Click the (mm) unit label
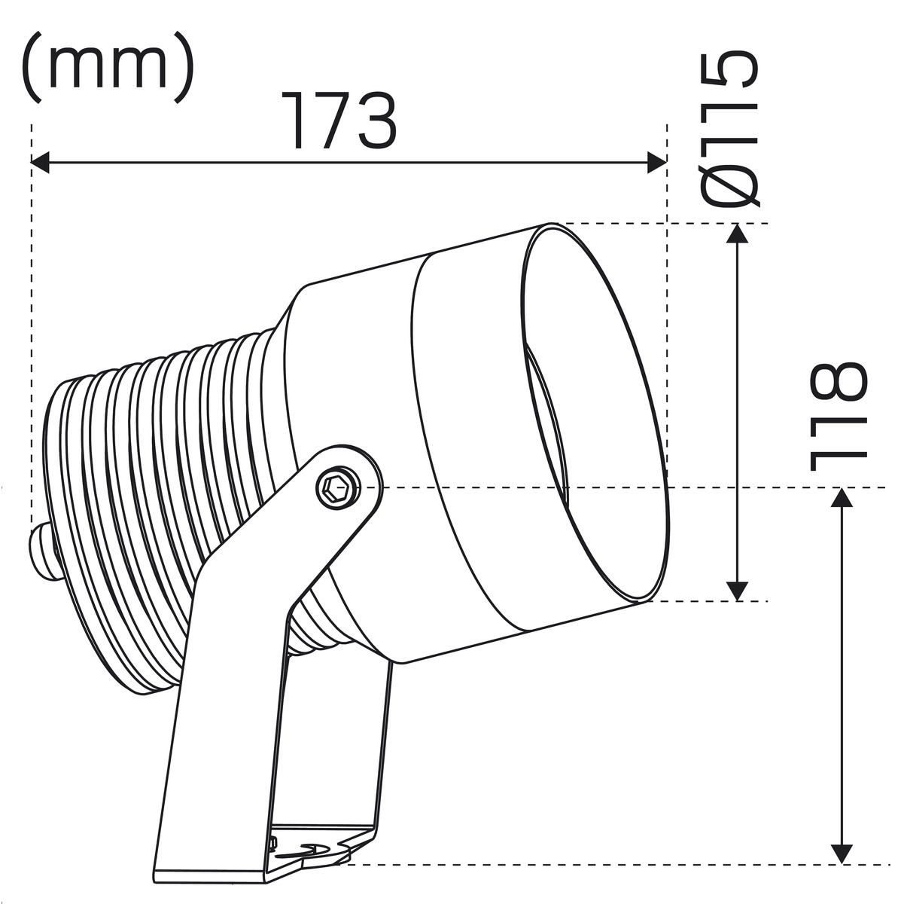(x=108, y=66)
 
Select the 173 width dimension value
(x=339, y=120)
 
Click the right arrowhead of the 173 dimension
(x=657, y=163)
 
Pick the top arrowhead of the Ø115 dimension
(x=738, y=233)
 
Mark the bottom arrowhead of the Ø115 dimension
(x=738, y=591)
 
